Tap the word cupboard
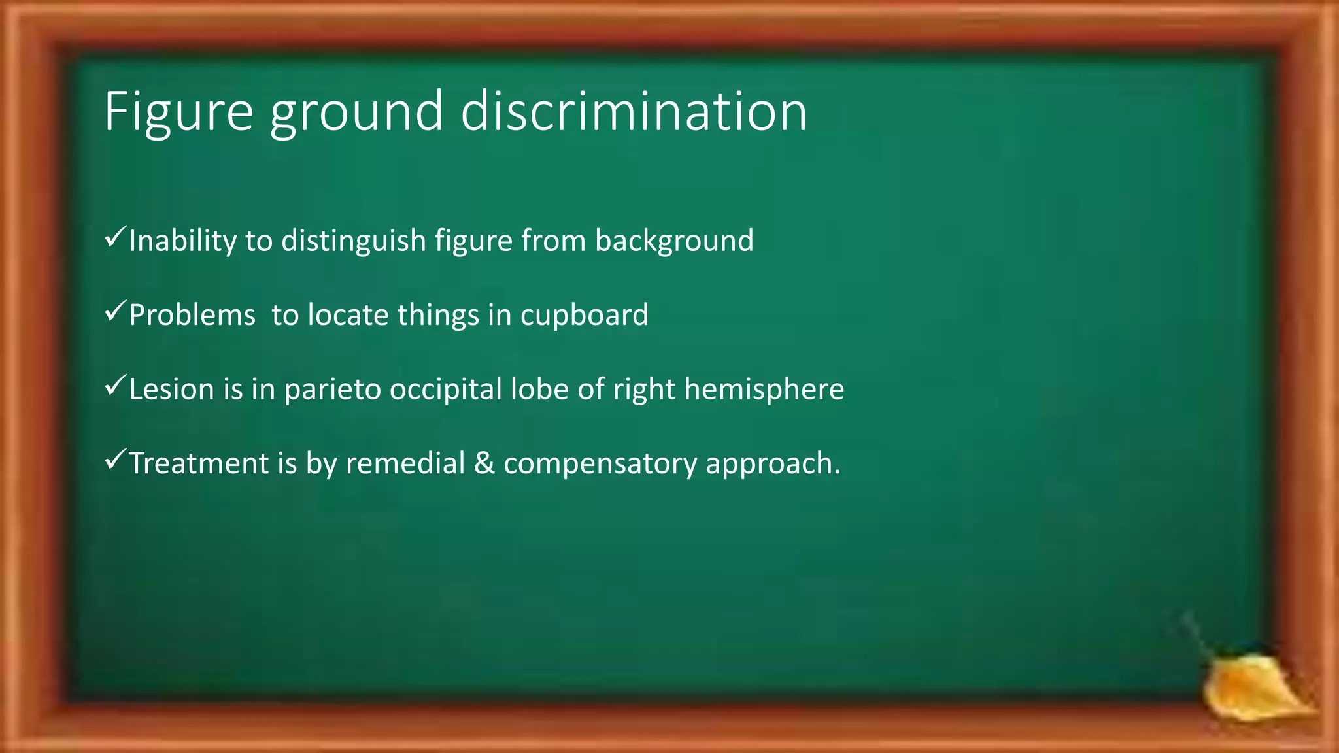584,316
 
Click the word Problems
192,316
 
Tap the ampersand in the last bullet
484,463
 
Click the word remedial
405,463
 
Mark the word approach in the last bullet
771,464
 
